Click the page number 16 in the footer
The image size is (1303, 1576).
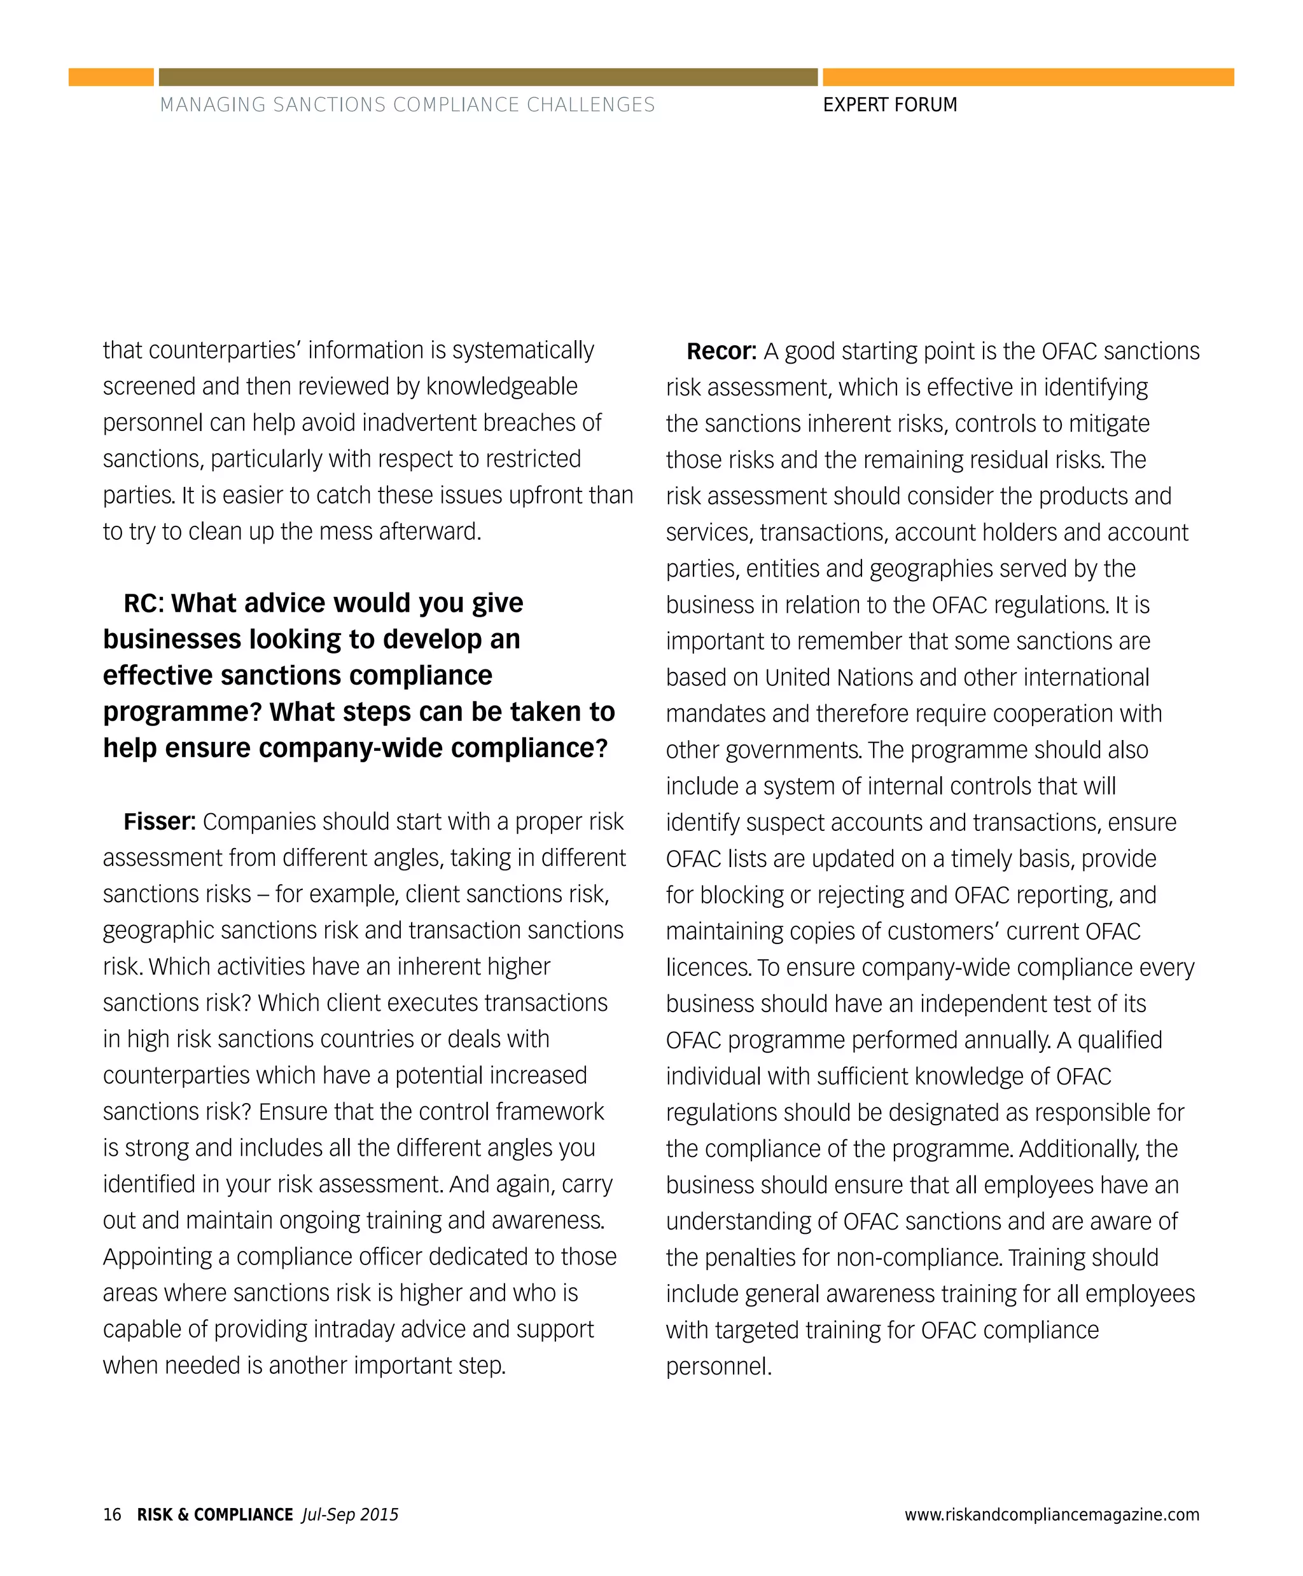[112, 1514]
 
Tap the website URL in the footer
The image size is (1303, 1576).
[1052, 1514]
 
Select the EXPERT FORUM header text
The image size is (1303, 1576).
[889, 105]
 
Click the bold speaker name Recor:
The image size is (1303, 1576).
[721, 351]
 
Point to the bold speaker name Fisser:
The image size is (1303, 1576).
[159, 821]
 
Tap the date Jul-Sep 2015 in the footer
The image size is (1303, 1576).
[350, 1514]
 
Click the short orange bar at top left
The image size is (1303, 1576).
[111, 78]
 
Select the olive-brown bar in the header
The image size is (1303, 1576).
[488, 78]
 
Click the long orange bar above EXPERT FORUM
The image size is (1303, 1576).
[1028, 78]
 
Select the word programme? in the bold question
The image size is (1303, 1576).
[183, 712]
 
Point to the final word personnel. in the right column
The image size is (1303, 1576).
[718, 1366]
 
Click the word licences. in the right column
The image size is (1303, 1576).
[707, 967]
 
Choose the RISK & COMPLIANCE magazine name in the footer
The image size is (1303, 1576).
[214, 1514]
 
